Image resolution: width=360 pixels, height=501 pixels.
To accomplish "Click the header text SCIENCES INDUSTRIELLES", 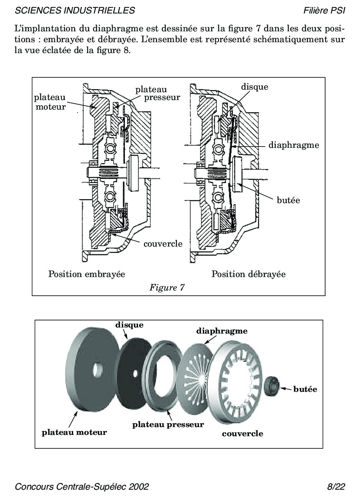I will [74, 10].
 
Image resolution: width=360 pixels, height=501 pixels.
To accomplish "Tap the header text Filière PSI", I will [324, 10].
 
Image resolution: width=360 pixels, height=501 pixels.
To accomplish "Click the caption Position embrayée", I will [87, 274].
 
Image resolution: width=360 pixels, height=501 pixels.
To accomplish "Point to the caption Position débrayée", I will [249, 274].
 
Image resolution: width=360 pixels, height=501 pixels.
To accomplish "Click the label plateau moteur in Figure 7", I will [50, 102].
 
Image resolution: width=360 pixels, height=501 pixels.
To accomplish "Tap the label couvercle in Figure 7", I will [163, 243].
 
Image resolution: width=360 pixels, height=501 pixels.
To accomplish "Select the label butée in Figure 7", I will [288, 200].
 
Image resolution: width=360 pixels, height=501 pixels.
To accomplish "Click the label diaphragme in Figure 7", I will [294, 145].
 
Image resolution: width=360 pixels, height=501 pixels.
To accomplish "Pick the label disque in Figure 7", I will [255, 87].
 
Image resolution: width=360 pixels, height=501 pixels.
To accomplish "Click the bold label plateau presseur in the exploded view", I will [168, 424].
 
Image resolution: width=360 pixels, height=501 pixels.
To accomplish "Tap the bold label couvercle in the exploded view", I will [242, 433].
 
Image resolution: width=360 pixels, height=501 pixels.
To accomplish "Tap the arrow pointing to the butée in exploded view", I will [285, 389].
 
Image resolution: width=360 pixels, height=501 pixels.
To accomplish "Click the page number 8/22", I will [336, 487].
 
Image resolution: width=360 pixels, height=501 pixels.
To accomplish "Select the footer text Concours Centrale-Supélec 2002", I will [82, 487].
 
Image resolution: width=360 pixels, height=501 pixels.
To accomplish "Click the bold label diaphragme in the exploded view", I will [222, 331].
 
